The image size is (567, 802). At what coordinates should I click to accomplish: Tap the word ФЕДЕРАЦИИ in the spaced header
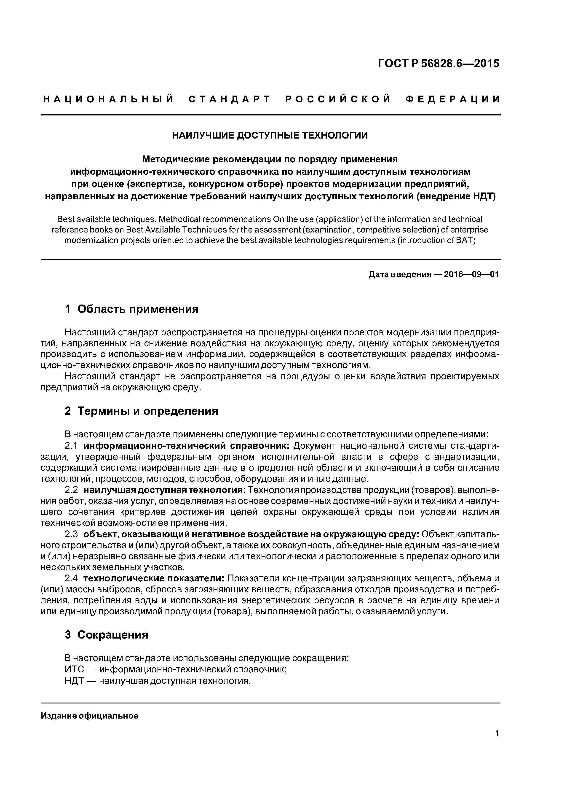[x=453, y=99]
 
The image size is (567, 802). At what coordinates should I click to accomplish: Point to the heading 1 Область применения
[x=131, y=309]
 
